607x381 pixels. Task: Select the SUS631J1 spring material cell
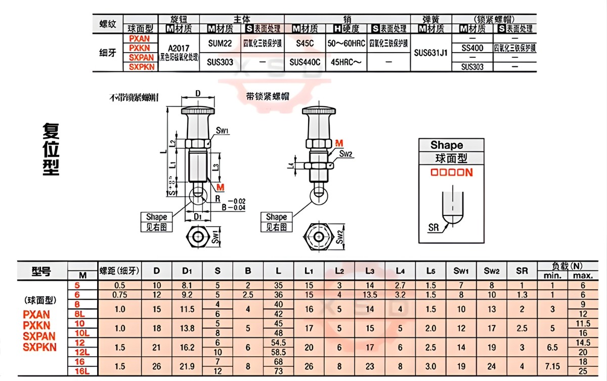tap(430, 52)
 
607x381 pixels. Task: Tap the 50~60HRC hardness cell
tap(346, 44)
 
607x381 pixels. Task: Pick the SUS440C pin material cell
tap(305, 62)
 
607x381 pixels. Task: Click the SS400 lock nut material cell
tap(472, 48)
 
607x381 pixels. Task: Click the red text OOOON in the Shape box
tap(451, 173)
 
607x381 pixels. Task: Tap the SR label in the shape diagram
tap(433, 228)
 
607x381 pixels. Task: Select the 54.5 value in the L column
tap(279, 343)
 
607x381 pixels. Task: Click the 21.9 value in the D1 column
tap(187, 366)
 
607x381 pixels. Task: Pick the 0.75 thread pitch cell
tap(120, 294)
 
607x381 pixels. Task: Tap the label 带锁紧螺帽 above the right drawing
tap(267, 97)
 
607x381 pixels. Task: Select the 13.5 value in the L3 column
tap(370, 294)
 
